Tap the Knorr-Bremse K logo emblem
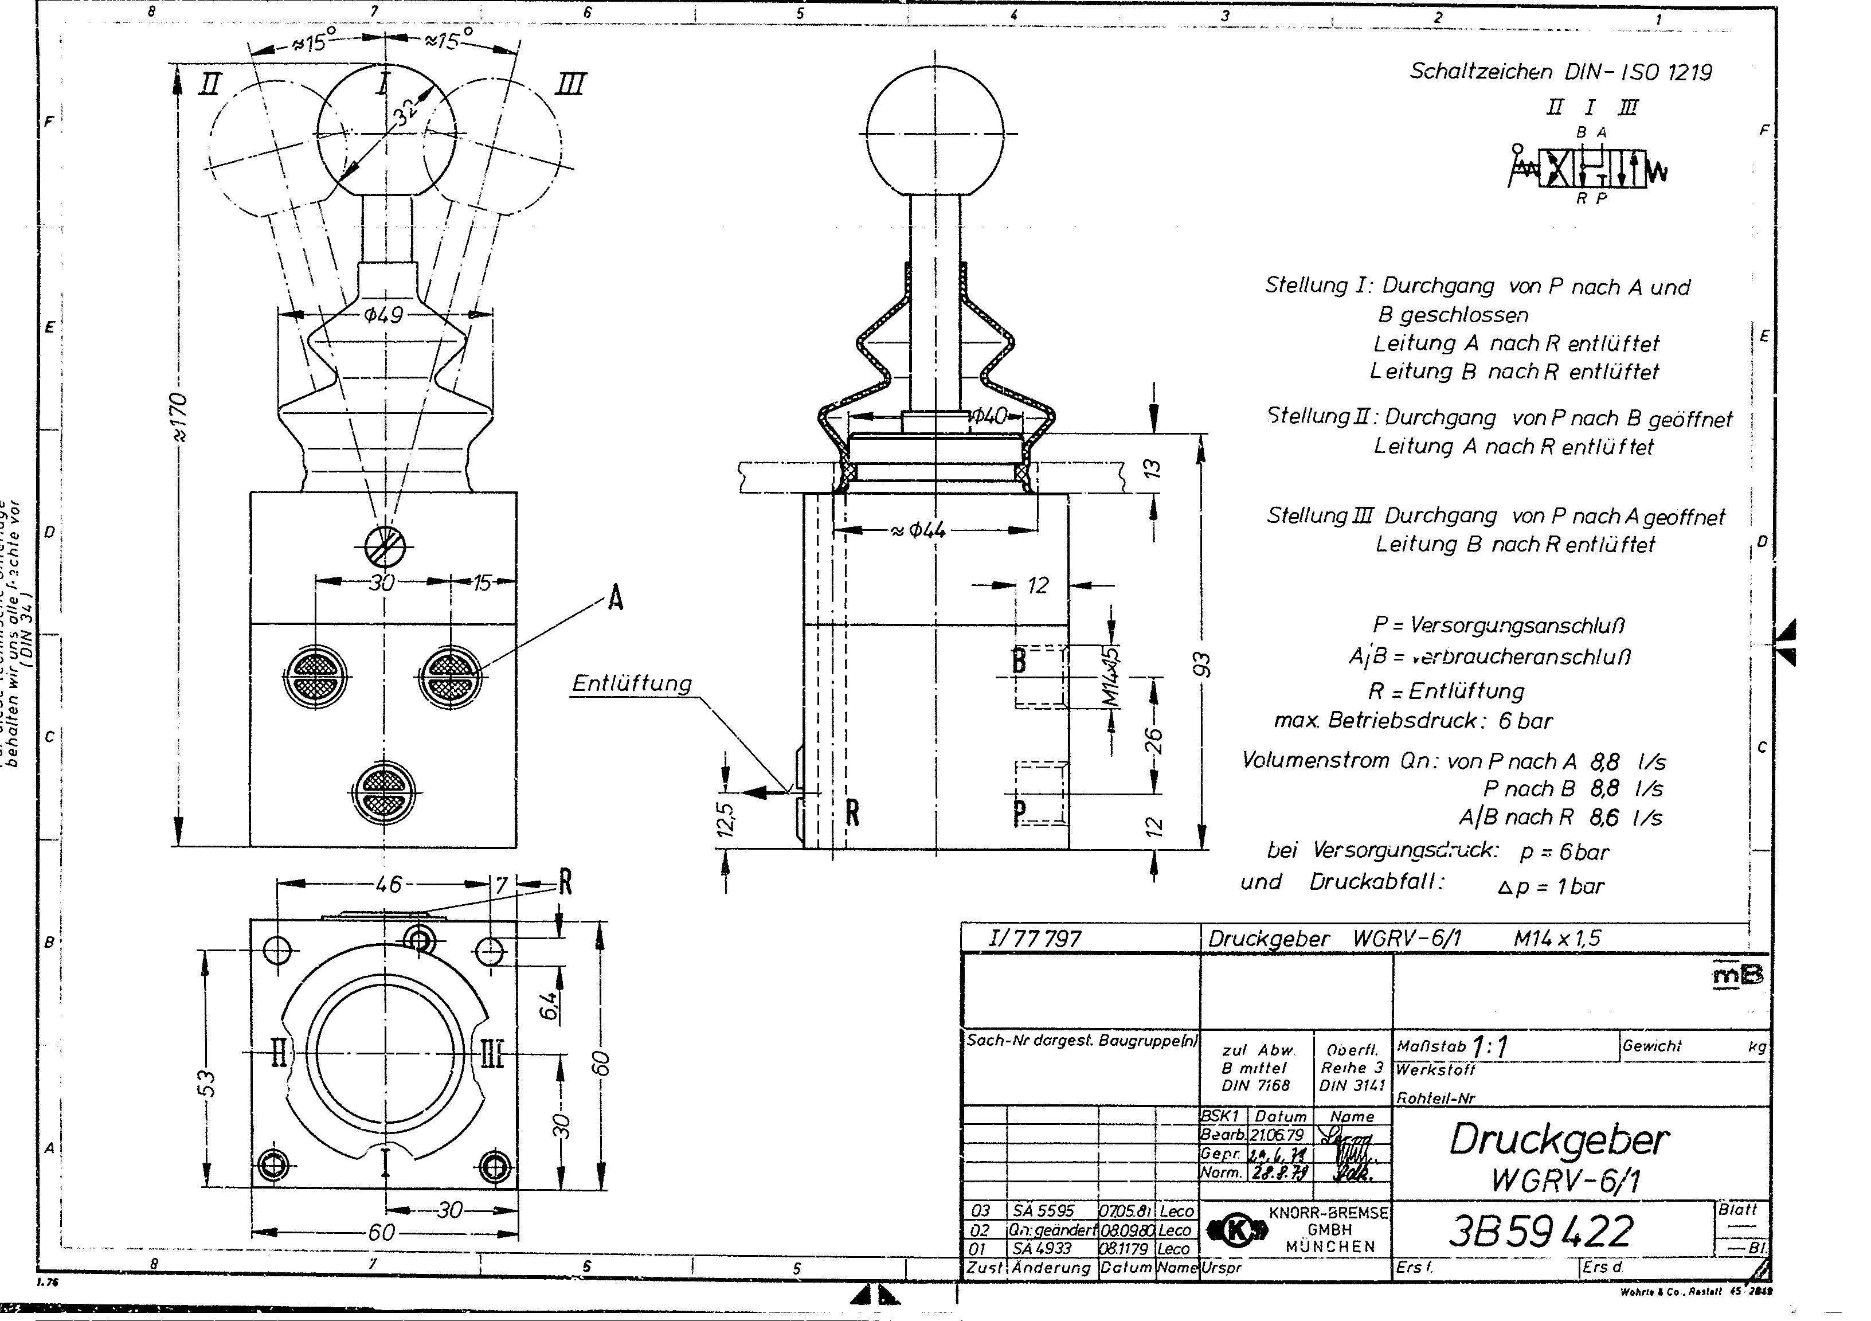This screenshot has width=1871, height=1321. tap(1237, 1230)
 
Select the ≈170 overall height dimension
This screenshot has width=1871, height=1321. tap(179, 416)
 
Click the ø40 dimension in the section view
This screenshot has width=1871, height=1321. tap(988, 416)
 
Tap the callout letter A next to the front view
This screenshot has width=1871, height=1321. tap(615, 600)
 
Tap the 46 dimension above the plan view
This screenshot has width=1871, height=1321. tap(388, 884)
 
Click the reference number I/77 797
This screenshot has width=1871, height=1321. tap(1034, 939)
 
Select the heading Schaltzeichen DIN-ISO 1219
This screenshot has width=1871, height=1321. tap(1560, 72)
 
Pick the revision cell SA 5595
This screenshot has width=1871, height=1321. tap(1044, 1212)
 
